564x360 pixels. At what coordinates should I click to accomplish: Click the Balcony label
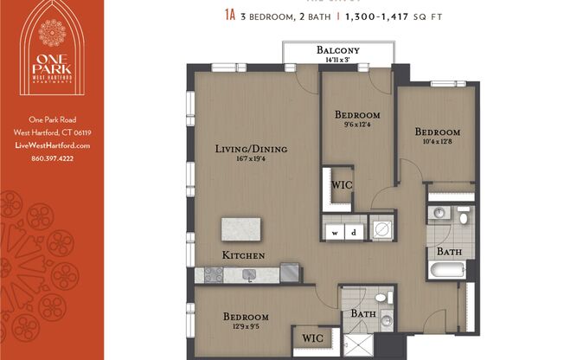pos(337,49)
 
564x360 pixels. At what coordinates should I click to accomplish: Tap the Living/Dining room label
pos(251,149)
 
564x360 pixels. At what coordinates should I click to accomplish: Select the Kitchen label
pos(243,256)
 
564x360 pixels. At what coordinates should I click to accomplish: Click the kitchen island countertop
pos(241,230)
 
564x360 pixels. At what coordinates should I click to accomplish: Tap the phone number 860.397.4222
pos(52,158)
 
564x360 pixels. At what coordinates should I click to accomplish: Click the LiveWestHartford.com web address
pos(52,145)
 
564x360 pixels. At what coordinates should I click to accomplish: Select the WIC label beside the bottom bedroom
pos(310,339)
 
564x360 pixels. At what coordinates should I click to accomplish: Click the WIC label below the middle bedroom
pos(342,184)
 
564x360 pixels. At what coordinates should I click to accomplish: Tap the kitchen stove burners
pos(212,274)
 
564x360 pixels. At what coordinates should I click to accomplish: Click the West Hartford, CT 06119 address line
pos(52,132)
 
